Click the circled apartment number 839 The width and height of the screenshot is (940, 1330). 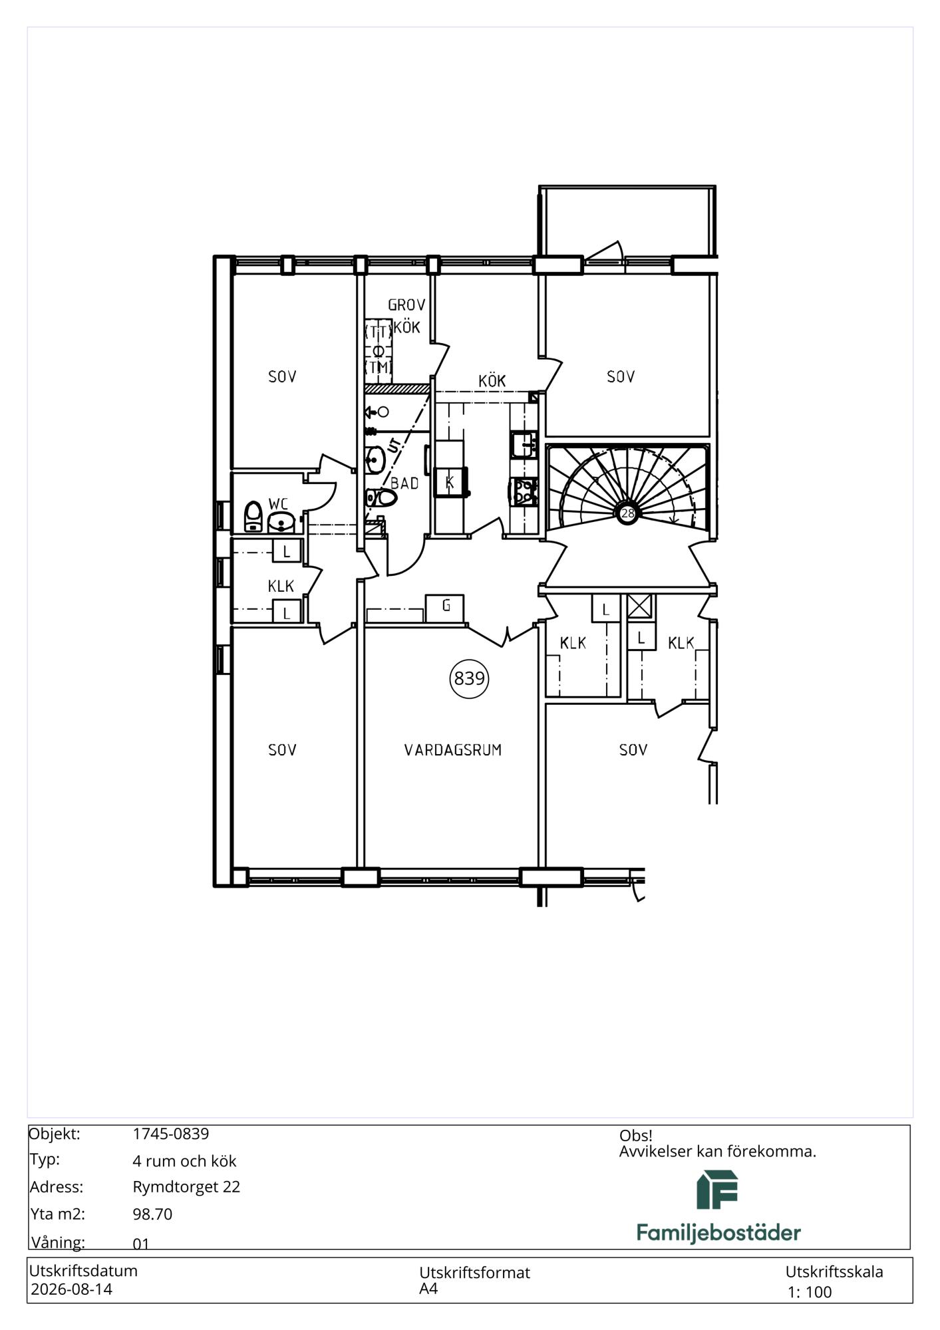tap(469, 678)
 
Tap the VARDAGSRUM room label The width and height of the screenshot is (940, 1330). tap(453, 750)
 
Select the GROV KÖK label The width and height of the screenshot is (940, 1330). tap(406, 316)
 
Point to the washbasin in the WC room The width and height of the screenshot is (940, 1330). tap(281, 523)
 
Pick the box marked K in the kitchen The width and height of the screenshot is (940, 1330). tap(450, 482)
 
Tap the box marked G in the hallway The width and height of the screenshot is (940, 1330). tap(446, 606)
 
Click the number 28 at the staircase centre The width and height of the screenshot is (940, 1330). tap(627, 513)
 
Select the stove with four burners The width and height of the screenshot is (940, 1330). tap(524, 491)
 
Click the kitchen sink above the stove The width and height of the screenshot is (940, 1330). tap(524, 444)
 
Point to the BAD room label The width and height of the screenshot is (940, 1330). tap(404, 483)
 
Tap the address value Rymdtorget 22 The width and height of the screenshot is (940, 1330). tap(186, 1186)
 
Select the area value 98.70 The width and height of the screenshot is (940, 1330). tap(152, 1214)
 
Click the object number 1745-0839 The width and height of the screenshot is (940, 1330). tap(171, 1134)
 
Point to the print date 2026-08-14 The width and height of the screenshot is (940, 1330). tap(72, 1289)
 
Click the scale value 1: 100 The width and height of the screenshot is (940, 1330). tap(810, 1292)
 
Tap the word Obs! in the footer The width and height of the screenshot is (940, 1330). tap(636, 1136)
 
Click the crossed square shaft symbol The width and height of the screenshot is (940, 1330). tap(641, 606)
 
